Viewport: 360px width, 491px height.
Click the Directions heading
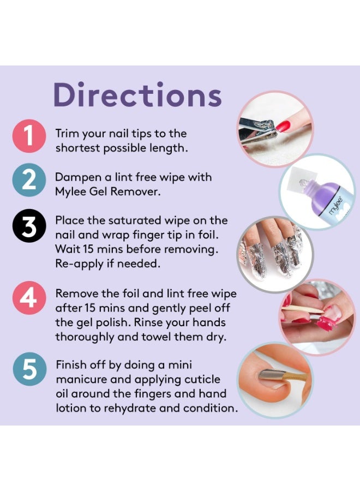pyautogui.click(x=137, y=95)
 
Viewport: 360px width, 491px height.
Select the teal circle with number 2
pyautogui.click(x=27, y=183)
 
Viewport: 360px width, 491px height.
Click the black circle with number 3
pyautogui.click(x=27, y=227)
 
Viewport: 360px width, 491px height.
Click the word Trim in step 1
pyautogui.click(x=67, y=134)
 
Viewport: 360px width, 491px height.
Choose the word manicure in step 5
pyautogui.click(x=81, y=379)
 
